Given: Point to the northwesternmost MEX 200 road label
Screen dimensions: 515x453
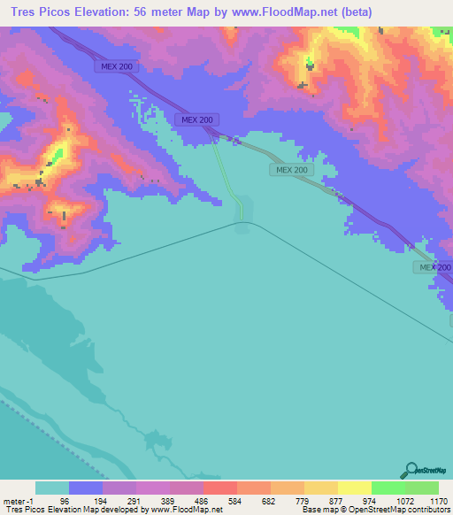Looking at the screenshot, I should click(x=114, y=66).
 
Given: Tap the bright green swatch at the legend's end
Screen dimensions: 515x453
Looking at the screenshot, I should click(x=421, y=488).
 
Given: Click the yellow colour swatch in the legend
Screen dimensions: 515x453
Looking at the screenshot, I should click(x=354, y=488).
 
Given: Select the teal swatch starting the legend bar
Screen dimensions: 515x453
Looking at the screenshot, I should click(x=52, y=488).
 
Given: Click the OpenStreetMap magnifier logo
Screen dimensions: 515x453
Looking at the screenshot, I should click(x=411, y=470).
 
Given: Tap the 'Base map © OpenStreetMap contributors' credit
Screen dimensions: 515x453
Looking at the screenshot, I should click(x=376, y=510).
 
